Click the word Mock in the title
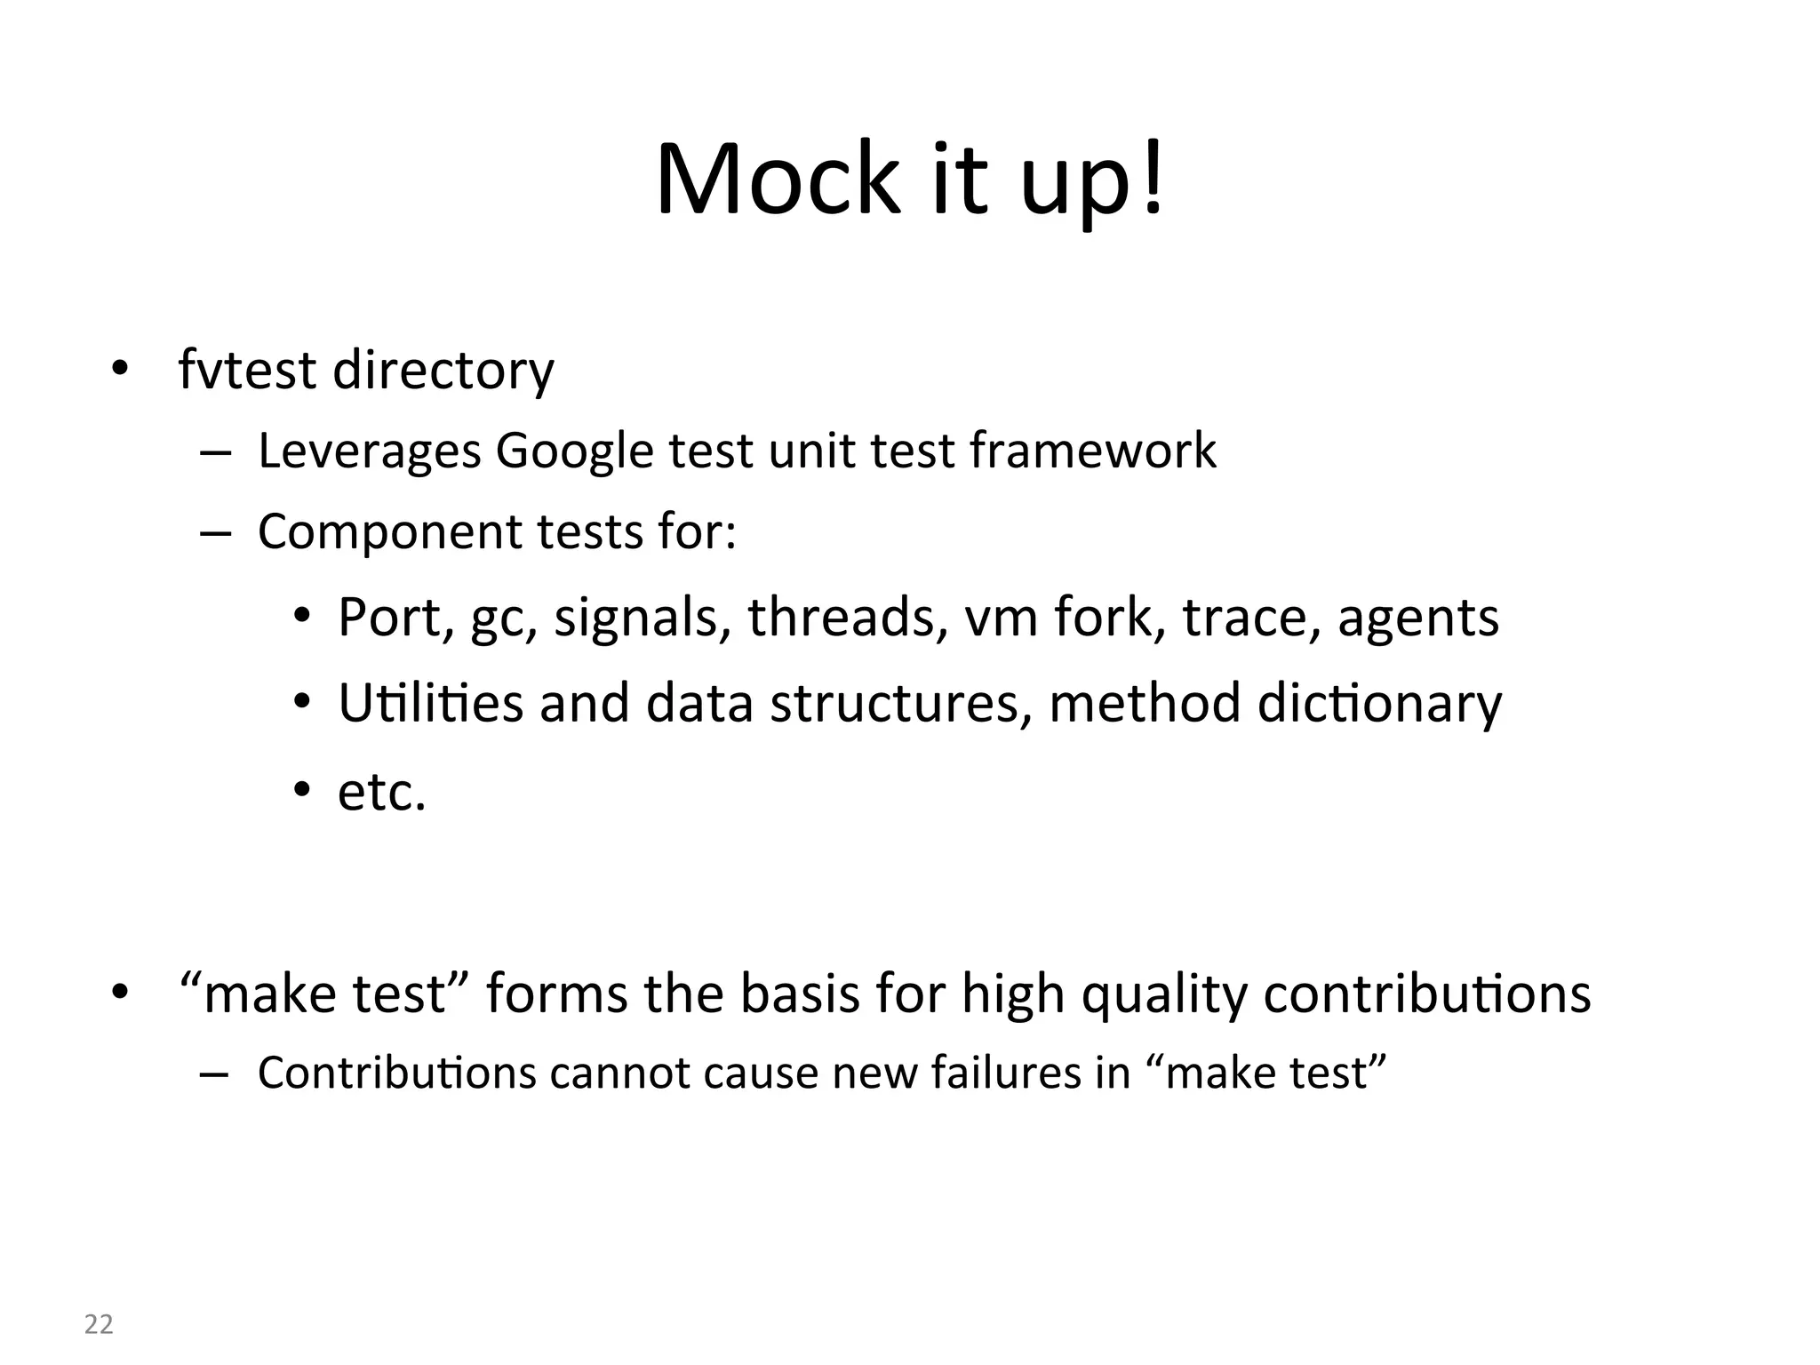click(x=778, y=180)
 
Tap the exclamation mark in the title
click(x=1153, y=180)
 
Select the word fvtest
click(x=247, y=370)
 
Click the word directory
click(x=443, y=371)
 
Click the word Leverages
click(x=369, y=451)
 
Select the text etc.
click(x=382, y=791)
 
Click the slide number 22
click(x=99, y=1325)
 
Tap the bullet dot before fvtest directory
click(x=119, y=369)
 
